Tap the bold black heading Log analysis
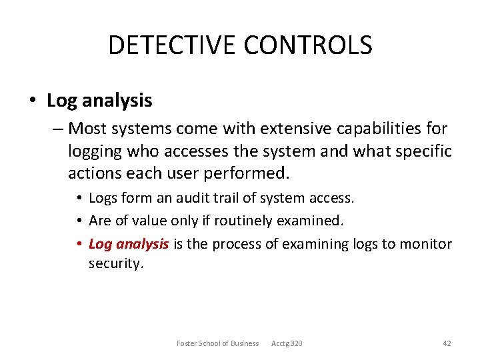click(99, 101)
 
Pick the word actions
click(93, 174)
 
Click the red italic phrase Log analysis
click(129, 244)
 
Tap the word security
click(115, 264)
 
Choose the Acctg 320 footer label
click(287, 343)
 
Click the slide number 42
click(447, 343)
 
